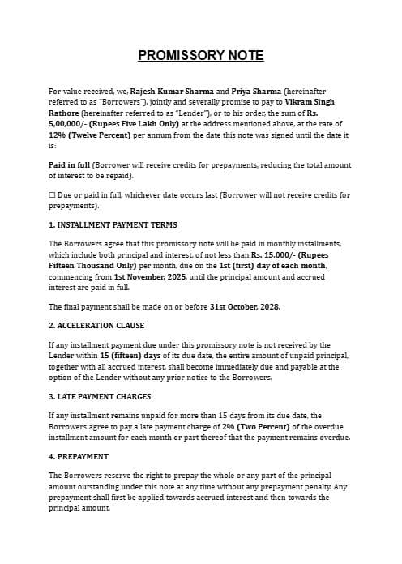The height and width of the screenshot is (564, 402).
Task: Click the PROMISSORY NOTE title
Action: [x=201, y=55]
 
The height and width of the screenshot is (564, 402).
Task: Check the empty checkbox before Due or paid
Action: [x=52, y=195]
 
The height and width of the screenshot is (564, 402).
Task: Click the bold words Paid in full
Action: [x=70, y=164]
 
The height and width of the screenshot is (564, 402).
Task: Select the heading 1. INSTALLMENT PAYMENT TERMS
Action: [x=113, y=224]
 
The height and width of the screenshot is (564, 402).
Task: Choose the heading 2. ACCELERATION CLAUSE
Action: [x=96, y=326]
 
